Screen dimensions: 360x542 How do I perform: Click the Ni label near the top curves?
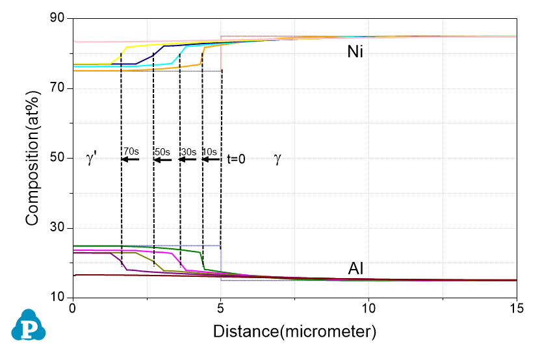coord(355,52)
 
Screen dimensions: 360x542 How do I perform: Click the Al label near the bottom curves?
coord(355,269)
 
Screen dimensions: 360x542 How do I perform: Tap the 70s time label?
coord(131,151)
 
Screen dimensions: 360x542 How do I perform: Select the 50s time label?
coord(162,151)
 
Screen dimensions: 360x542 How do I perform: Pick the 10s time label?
coord(210,151)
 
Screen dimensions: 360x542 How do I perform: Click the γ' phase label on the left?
coord(92,159)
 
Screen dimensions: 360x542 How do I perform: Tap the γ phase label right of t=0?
coord(277,159)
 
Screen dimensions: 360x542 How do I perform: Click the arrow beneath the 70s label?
coord(130,159)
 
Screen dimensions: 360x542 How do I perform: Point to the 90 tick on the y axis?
coord(58,19)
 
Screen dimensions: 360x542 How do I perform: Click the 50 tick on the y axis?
coord(58,158)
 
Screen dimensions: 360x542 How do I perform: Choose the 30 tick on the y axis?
coord(58,228)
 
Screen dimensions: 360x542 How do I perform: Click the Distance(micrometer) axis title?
coord(294,333)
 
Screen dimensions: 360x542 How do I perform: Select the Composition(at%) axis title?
coord(32,158)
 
